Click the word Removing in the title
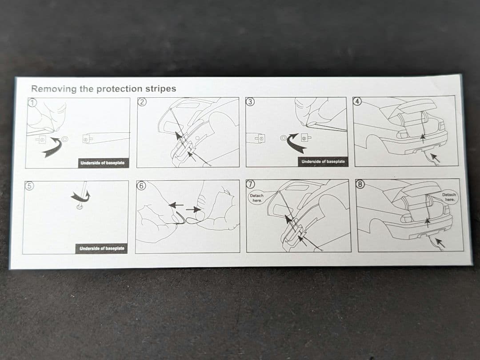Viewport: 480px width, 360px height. pyautogui.click(x=54, y=89)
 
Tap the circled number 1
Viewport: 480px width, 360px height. pyautogui.click(x=32, y=103)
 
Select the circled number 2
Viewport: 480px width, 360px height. pyautogui.click(x=142, y=102)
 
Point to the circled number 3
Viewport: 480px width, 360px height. pyautogui.click(x=250, y=102)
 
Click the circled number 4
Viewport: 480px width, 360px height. pyautogui.click(x=357, y=101)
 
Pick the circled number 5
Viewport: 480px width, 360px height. pyautogui.click(x=29, y=186)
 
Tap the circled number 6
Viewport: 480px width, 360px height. pyautogui.click(x=141, y=185)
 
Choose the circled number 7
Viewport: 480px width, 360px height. pyautogui.click(x=251, y=184)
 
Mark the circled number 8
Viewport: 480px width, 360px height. pyautogui.click(x=360, y=184)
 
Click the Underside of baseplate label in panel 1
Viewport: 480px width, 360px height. pyautogui.click(x=103, y=163)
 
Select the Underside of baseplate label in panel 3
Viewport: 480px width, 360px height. pyautogui.click(x=323, y=162)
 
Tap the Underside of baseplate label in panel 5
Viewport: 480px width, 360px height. pyautogui.click(x=102, y=248)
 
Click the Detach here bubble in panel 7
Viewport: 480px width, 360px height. pyautogui.click(x=257, y=198)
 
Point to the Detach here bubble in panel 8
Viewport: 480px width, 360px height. pyautogui.click(x=449, y=197)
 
